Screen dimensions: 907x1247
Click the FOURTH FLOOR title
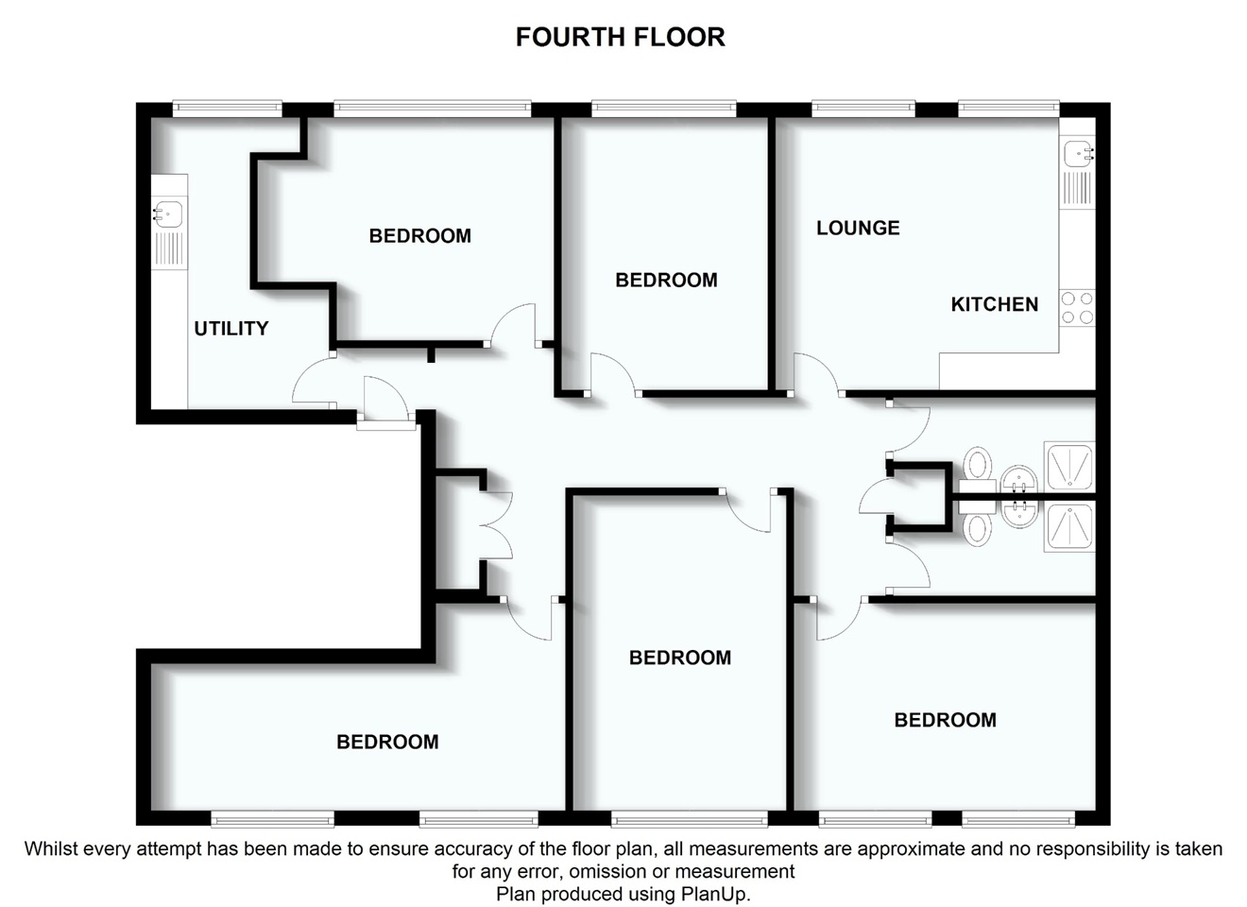pos(620,37)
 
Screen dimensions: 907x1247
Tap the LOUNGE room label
pos(858,228)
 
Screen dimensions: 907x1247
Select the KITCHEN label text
pos(994,304)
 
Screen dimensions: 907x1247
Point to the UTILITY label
pos(231,329)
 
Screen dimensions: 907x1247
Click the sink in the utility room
pos(168,214)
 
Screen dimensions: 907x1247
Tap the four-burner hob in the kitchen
pos(1077,307)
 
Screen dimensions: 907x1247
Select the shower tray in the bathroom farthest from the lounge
pos(1068,527)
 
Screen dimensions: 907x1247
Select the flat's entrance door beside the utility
pos(385,401)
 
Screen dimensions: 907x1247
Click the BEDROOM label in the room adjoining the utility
pos(419,236)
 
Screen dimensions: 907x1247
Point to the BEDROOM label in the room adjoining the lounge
pos(666,280)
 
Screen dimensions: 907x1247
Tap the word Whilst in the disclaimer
pos(51,848)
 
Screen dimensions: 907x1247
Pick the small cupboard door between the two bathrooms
pos(875,497)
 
